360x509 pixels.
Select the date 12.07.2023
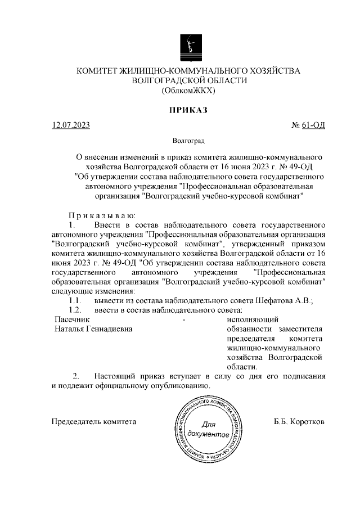70,125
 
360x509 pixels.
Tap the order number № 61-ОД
308,125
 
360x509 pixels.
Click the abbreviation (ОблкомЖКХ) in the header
188,90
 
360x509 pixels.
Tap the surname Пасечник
71,319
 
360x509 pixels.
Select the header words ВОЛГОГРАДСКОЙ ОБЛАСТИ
188,80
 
